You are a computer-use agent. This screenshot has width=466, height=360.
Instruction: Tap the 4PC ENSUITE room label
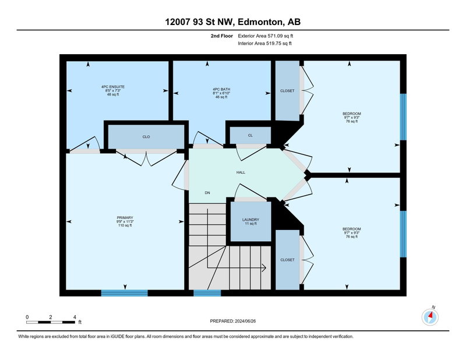[x=113, y=87]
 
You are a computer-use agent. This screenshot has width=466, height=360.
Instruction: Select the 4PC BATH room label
[x=221, y=89]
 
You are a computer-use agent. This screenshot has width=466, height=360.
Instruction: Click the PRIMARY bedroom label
[x=125, y=218]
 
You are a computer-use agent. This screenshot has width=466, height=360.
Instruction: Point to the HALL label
[x=241, y=172]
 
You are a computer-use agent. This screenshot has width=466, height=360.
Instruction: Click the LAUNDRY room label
[x=250, y=220]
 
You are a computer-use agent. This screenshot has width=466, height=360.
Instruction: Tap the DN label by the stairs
[x=207, y=193]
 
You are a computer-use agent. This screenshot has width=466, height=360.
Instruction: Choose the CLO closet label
[x=146, y=137]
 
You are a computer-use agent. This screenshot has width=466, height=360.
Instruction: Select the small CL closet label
[x=250, y=135]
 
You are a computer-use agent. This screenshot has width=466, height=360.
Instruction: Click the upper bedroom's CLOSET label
[x=287, y=91]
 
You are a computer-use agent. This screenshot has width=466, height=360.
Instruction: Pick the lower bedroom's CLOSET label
[x=287, y=260]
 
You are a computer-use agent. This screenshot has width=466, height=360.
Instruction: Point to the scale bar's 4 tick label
[x=75, y=317]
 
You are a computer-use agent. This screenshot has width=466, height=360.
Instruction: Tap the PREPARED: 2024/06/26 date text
[x=233, y=321]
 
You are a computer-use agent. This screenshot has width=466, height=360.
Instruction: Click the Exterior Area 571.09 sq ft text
[x=266, y=36]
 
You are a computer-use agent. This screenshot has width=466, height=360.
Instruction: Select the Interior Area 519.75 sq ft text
[x=265, y=44]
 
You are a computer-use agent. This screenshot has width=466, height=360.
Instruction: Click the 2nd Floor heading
[x=222, y=36]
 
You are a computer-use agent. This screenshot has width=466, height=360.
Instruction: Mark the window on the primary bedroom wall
[x=125, y=293]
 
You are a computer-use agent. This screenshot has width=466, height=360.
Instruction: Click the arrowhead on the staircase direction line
[x=264, y=268]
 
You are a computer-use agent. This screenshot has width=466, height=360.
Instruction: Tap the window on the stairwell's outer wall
[x=207, y=293]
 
